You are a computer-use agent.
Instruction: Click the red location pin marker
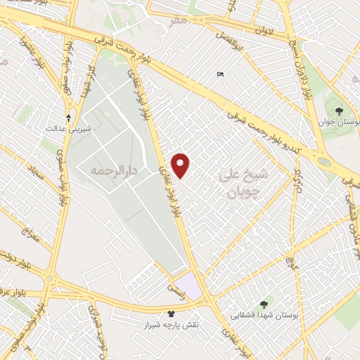tap(181, 165)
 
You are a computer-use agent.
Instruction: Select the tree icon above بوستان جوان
tap(340, 111)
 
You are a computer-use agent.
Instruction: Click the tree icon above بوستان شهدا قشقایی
tap(264, 304)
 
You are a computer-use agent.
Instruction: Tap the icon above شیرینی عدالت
tap(68, 117)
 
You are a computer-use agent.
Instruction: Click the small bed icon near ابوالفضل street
tap(221, 75)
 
